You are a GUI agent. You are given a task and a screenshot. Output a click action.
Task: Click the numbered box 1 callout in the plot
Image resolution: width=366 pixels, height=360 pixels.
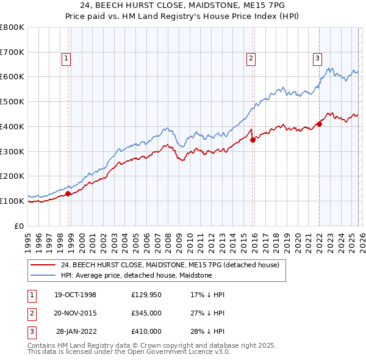66,59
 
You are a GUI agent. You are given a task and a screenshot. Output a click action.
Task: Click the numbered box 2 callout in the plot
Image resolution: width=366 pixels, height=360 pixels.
251,59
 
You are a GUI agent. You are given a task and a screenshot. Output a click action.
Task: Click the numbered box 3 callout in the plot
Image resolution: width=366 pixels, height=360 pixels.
317,59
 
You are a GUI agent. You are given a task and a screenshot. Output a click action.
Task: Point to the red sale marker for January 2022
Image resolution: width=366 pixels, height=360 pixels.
319,124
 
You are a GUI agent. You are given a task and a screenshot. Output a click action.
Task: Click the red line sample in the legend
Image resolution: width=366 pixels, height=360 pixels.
43,265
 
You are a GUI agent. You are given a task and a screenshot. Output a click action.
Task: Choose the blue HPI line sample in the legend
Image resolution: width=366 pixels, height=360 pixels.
43,276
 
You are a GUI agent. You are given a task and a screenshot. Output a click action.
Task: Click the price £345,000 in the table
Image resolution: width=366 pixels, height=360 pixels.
146,313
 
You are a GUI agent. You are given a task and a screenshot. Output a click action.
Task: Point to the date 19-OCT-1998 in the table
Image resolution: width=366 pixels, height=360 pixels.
76,295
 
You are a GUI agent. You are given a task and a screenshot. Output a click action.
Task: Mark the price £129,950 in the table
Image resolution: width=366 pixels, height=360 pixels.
146,295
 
